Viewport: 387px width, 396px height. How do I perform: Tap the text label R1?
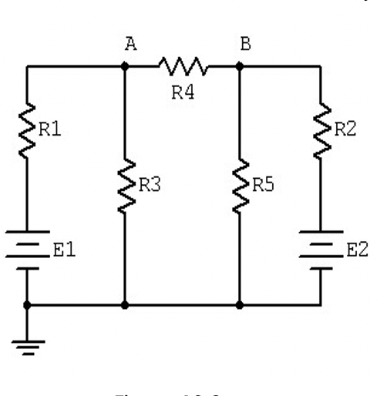[49, 131]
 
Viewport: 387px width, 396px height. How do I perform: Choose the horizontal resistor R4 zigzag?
[182, 67]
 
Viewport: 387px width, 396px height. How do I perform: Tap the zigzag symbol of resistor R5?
[241, 185]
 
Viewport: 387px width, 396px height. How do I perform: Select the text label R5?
[264, 185]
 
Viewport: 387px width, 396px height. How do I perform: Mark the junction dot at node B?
[241, 67]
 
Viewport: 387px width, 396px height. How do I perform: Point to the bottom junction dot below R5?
[241, 305]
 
